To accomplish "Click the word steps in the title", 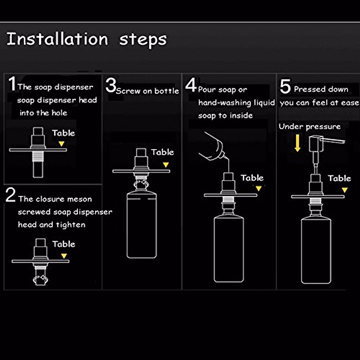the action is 143,40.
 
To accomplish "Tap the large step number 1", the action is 12,83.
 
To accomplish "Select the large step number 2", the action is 10,195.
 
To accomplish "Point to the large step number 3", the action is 111,85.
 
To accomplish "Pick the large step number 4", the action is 191,85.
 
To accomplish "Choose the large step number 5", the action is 285,86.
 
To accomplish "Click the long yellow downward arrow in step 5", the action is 297,143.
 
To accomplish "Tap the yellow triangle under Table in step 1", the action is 61,143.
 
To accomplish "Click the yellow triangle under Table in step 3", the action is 166,165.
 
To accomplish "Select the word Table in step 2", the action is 64,244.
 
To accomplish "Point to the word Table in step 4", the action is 252,178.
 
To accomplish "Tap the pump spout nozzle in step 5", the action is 332,140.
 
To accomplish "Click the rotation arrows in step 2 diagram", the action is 40,280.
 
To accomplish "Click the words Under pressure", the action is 310,127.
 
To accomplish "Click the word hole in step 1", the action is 59,113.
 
